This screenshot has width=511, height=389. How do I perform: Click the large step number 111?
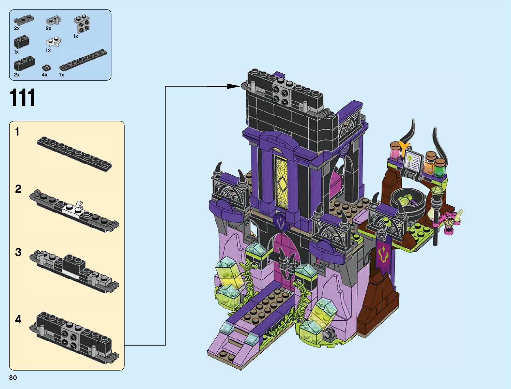point(22,97)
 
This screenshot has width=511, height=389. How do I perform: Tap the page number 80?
point(13,378)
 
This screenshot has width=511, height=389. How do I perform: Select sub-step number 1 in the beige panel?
point(17,132)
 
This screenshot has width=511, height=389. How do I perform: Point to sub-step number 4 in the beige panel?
point(18,319)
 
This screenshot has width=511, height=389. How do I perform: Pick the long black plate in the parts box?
point(83,60)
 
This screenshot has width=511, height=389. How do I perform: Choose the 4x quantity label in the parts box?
point(44,75)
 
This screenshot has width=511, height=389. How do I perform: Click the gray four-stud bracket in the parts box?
point(82,24)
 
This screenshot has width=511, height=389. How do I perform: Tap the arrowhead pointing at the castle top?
point(233,86)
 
